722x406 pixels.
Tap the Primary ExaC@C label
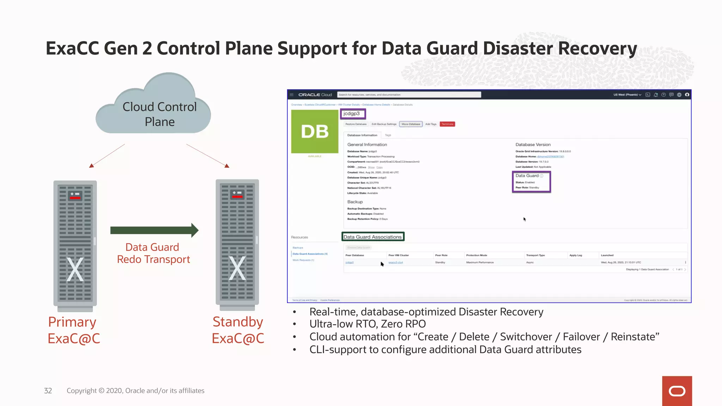click(x=73, y=330)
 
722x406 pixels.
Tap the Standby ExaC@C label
click(x=238, y=330)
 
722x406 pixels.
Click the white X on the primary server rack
click(x=75, y=270)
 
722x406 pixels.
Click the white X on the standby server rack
click(x=237, y=269)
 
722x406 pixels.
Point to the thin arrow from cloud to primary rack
click(x=107, y=156)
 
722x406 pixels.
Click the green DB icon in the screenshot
click(x=314, y=131)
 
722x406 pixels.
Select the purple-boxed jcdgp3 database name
click(x=353, y=113)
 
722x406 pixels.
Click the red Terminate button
click(x=447, y=124)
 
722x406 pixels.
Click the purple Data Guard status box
click(x=531, y=182)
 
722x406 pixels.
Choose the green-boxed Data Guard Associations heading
click(x=373, y=237)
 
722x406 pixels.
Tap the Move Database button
click(x=411, y=124)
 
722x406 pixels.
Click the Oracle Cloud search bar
click(x=409, y=94)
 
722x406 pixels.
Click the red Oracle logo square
click(x=677, y=391)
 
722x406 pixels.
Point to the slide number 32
click(x=48, y=390)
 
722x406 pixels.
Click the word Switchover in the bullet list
click(x=526, y=337)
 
